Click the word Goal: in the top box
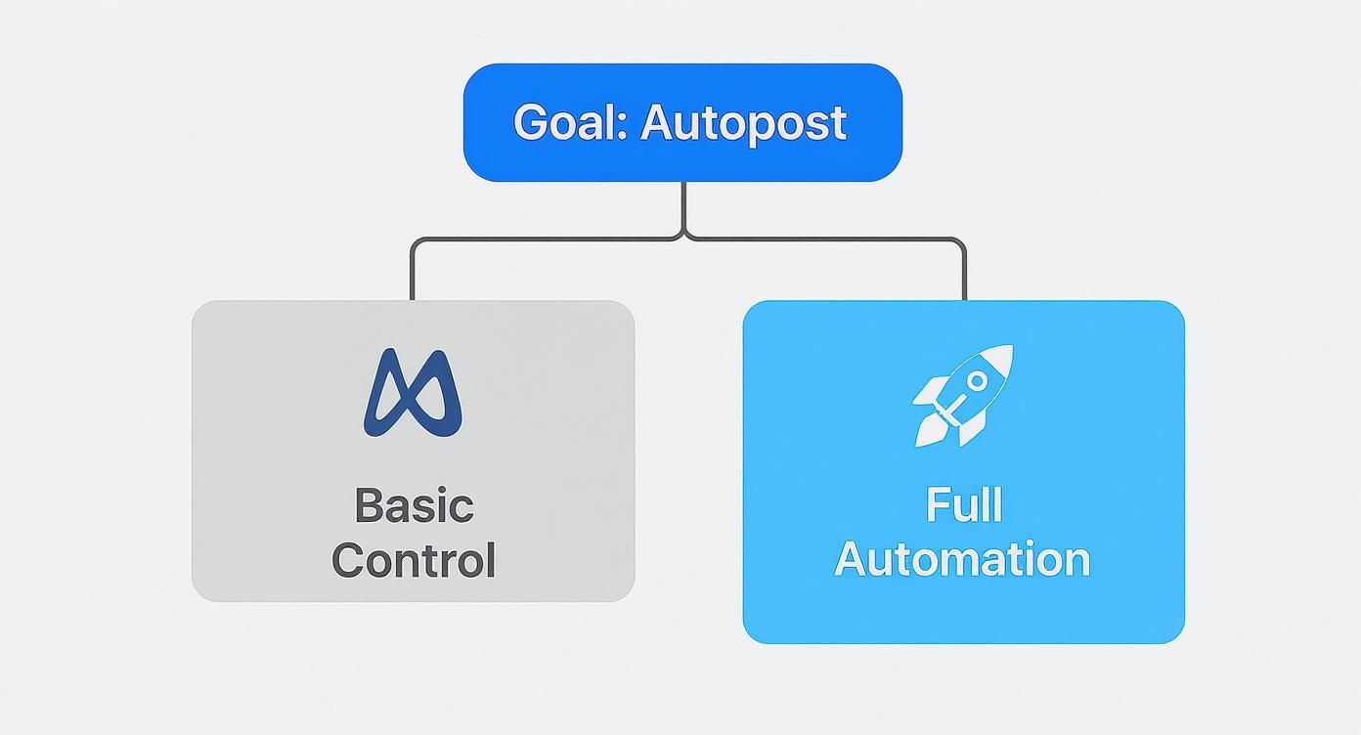(x=570, y=123)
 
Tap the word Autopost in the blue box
(x=743, y=123)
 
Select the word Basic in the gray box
(x=414, y=506)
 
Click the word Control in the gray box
(x=414, y=561)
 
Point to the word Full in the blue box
(x=963, y=506)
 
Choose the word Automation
(x=963, y=560)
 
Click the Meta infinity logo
(x=413, y=393)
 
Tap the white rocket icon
(x=963, y=395)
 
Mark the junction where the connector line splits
(x=683, y=236)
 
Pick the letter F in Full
(x=934, y=506)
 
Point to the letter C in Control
(x=350, y=561)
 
